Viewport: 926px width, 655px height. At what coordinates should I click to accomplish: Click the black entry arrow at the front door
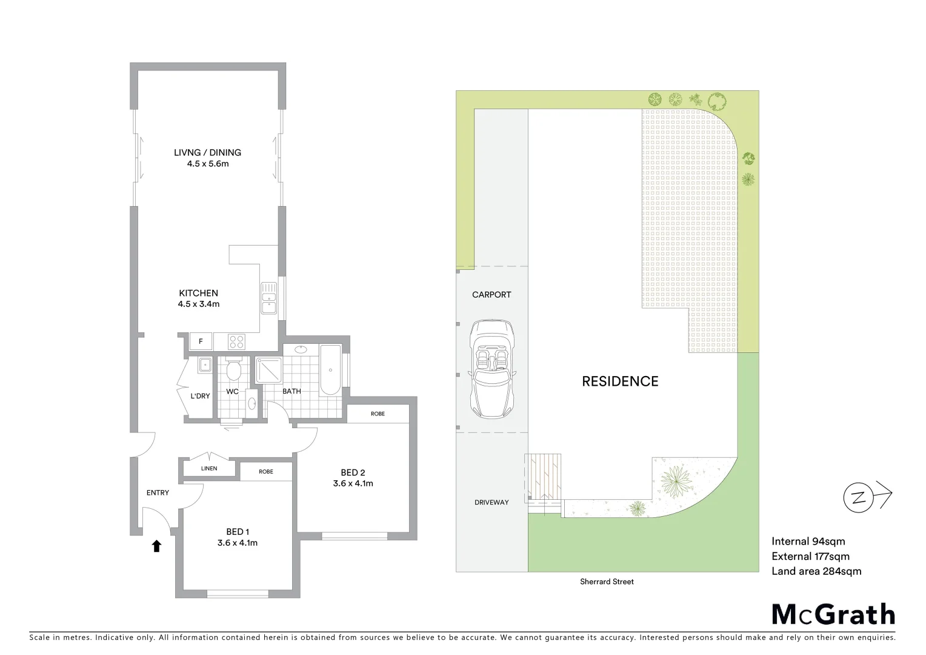[156, 546]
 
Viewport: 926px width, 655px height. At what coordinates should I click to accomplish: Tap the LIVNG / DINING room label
[207, 153]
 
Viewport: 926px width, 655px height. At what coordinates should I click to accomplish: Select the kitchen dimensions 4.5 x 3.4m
[199, 304]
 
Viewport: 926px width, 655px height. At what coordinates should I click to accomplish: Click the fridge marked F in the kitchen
[201, 342]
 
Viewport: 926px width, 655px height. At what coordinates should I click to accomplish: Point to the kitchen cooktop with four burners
[237, 342]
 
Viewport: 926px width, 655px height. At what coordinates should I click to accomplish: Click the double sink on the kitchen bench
[268, 298]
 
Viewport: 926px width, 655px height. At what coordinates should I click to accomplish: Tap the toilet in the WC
[233, 368]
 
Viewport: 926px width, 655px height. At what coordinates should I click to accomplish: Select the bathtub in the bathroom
[330, 370]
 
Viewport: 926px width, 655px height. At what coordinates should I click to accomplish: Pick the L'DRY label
[200, 396]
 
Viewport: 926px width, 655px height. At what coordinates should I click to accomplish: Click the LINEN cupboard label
[209, 469]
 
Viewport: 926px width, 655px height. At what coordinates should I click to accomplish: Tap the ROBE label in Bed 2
[378, 414]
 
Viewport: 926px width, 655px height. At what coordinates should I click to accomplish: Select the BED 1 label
[237, 532]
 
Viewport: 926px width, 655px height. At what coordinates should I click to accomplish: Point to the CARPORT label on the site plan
[491, 295]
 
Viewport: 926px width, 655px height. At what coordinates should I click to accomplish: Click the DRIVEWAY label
[491, 502]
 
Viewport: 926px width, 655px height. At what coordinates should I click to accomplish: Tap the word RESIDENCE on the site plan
[620, 381]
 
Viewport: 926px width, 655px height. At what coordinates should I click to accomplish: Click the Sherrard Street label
[607, 582]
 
